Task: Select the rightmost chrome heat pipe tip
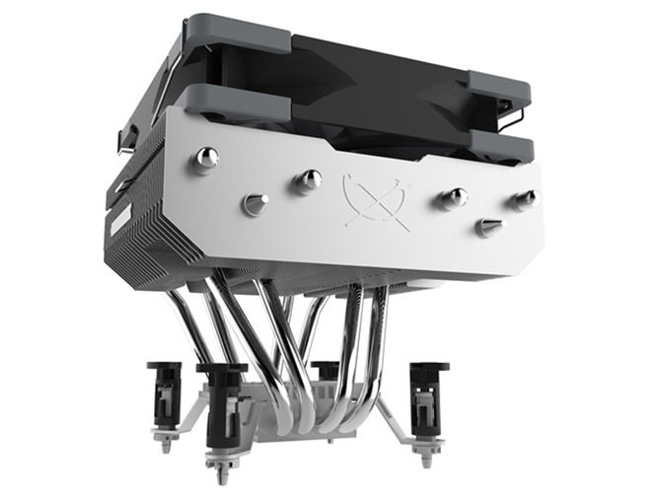(x=526, y=198)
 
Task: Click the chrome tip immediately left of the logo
(x=310, y=179)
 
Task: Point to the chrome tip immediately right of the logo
(x=455, y=197)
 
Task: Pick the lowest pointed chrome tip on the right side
(x=488, y=228)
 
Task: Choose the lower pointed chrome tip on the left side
(x=256, y=204)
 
